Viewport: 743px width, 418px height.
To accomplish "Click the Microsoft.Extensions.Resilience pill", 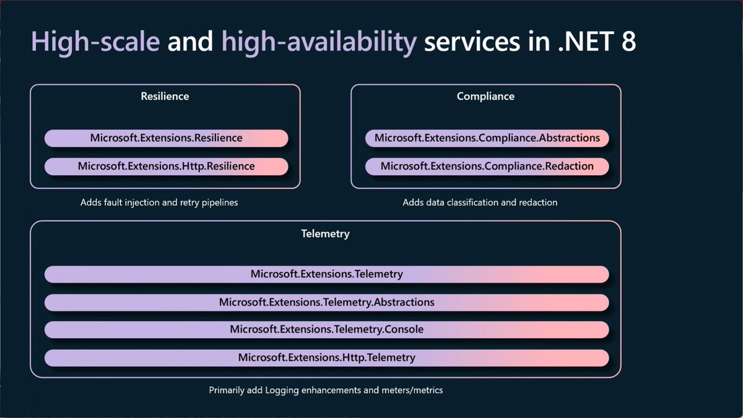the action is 166,138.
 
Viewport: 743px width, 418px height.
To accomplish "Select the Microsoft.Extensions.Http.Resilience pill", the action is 166,166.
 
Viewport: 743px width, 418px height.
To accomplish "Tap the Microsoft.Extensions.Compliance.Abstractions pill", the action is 487,138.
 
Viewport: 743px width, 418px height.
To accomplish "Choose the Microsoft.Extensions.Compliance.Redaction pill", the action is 487,166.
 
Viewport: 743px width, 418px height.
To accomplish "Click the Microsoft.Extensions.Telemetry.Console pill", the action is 327,329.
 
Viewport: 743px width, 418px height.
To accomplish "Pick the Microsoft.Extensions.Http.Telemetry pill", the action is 327,358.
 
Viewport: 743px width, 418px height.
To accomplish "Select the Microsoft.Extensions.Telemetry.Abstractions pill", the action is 327,302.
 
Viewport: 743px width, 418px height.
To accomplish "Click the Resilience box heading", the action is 165,96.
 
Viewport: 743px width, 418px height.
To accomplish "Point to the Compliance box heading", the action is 485,96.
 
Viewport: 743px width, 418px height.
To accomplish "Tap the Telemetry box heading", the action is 326,234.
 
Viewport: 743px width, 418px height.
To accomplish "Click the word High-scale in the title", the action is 95,42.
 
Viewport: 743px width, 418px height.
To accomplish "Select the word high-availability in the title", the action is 319,42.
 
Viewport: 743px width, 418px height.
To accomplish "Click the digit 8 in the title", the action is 628,41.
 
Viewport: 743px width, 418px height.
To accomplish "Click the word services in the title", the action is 472,43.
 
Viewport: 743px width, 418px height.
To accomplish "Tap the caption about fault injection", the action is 159,202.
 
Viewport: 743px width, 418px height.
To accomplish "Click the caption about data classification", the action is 480,202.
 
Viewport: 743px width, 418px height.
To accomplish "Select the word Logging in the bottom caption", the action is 282,391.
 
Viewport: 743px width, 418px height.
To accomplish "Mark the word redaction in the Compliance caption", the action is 538,202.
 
